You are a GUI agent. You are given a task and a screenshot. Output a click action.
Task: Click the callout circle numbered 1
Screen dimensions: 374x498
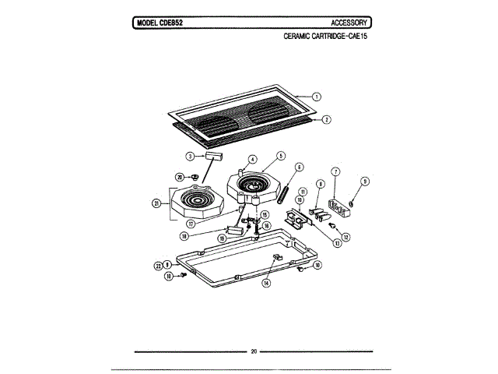tap(317, 97)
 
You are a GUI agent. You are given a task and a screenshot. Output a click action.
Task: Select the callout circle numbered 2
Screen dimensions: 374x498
tap(327, 120)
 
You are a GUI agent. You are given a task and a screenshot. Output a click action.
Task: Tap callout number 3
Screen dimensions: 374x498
tap(189, 156)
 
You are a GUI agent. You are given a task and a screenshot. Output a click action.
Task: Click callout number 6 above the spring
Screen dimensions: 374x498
tap(300, 166)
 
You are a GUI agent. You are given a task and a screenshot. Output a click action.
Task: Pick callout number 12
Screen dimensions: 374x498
tap(345, 237)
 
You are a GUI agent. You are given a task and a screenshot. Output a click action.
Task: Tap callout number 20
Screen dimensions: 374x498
tap(179, 177)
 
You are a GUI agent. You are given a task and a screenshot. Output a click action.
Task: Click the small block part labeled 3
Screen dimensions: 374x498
tap(216, 156)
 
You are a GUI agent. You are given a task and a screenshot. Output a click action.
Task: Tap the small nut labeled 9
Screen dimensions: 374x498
tap(351, 205)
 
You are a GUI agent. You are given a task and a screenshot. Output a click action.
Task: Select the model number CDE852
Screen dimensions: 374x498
tap(166, 23)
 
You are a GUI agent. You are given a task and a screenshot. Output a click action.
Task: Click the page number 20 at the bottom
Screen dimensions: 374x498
tap(254, 351)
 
